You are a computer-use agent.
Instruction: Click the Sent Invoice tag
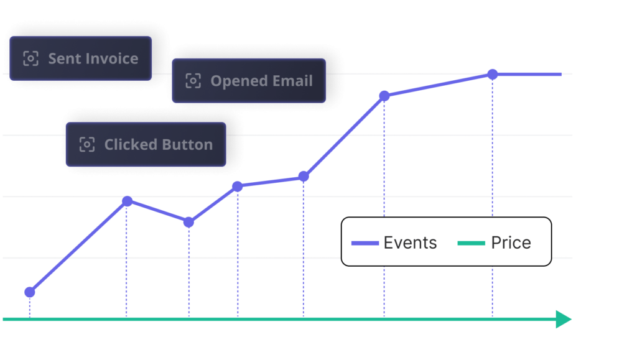point(81,58)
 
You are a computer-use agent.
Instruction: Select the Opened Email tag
point(249,81)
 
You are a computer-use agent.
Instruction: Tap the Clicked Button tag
point(146,145)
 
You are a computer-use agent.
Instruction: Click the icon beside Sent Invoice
point(30,58)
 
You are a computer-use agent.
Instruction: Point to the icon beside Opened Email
point(193,81)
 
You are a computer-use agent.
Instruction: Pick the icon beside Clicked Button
point(86,145)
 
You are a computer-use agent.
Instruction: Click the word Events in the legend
point(410,242)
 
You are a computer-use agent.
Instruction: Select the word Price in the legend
point(511,242)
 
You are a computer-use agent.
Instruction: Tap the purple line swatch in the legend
point(365,243)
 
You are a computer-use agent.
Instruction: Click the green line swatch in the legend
point(471,243)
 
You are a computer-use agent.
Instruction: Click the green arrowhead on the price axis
point(563,319)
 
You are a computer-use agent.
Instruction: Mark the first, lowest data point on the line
point(30,292)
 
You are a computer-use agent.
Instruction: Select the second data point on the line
point(127,201)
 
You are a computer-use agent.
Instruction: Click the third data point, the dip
point(188,222)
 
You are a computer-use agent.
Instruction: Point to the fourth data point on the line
point(237,187)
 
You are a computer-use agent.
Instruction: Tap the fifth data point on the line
point(304,177)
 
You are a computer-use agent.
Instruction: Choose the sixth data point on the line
point(384,96)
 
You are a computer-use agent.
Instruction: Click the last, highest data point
point(493,75)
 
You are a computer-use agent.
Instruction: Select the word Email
point(292,81)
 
